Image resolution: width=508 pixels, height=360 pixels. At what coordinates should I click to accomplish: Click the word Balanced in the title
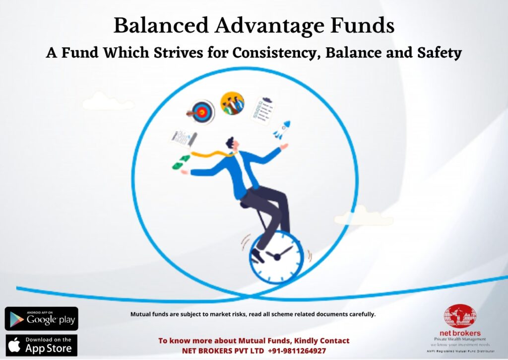point(161,25)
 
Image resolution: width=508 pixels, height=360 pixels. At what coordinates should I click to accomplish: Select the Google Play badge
point(42,319)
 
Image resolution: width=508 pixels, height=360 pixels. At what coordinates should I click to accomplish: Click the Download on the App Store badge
point(42,346)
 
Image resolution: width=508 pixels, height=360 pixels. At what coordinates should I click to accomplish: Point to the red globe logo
point(460,316)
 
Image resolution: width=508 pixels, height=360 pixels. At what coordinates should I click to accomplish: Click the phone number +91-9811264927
point(297,351)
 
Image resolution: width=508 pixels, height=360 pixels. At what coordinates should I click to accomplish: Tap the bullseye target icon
point(201,112)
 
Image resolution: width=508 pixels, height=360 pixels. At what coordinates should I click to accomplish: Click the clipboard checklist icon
point(263,110)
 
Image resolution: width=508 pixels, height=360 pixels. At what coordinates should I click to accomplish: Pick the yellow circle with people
point(232,103)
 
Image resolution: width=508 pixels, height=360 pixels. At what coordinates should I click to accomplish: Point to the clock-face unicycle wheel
point(276,257)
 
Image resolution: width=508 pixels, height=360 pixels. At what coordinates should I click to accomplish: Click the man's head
point(233,144)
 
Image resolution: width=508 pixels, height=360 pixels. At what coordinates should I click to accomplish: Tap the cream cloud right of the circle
point(364,216)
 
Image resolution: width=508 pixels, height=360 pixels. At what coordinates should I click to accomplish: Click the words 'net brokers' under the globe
point(460,333)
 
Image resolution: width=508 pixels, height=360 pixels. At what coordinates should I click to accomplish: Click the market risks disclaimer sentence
point(253,314)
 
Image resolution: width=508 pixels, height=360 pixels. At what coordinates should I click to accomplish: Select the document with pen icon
point(184,139)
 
